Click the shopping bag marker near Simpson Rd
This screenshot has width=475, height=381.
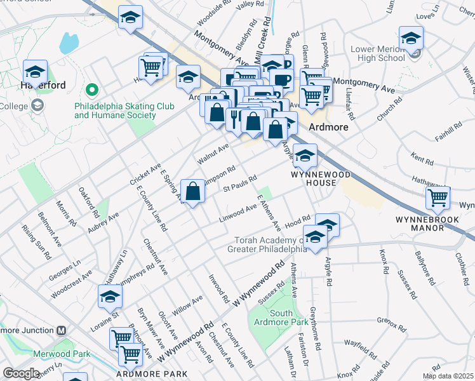192,191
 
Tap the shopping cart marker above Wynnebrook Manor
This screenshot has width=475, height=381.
438,197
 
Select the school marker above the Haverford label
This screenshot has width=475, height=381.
34,71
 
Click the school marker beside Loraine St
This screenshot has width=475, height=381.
110,297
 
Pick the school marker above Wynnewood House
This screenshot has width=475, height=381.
305,155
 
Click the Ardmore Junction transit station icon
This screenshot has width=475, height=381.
62,330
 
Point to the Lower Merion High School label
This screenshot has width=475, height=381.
378,54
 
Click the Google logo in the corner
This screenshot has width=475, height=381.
21,373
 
